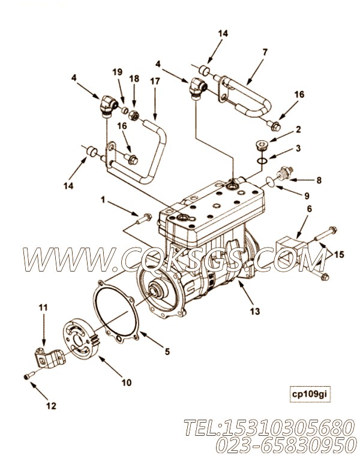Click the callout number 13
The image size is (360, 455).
(254, 311)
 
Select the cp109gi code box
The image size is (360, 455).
(310, 394)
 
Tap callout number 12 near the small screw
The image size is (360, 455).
(51, 406)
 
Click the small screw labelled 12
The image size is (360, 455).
(28, 375)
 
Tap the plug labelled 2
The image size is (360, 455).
(262, 146)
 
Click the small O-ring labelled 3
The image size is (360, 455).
(262, 160)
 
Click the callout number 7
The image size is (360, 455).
(264, 52)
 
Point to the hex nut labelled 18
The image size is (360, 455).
(134, 116)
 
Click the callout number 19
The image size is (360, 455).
(117, 72)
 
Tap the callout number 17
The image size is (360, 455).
(155, 81)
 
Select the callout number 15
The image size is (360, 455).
(338, 255)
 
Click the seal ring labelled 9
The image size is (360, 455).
(270, 182)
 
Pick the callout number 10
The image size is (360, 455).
(126, 382)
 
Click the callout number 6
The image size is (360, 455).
(309, 209)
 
